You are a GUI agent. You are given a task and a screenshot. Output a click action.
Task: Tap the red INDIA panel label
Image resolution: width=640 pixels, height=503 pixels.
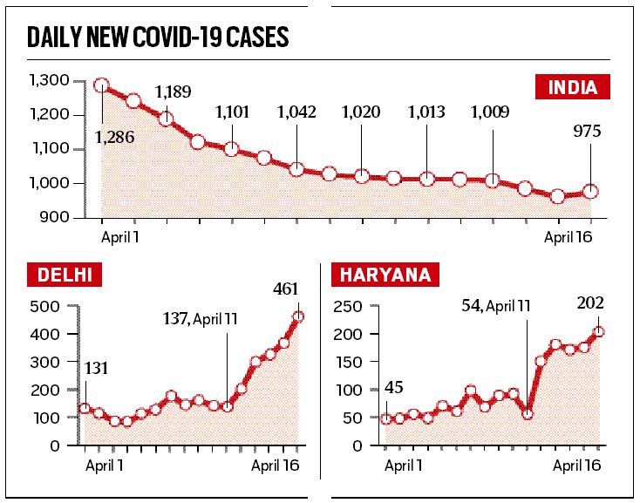571,87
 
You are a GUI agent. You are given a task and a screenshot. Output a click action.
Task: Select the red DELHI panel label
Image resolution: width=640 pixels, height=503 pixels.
65,276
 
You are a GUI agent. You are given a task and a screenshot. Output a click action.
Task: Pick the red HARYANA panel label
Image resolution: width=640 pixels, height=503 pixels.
385,276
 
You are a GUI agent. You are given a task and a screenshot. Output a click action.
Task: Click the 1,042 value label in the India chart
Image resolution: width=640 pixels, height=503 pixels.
296,112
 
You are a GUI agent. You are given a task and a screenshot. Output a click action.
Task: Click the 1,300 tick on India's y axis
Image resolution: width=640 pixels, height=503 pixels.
48,81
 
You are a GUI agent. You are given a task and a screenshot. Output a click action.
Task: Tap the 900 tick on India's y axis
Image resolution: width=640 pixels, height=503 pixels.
54,217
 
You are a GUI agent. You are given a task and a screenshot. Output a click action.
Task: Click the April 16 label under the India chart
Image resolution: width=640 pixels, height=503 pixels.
569,236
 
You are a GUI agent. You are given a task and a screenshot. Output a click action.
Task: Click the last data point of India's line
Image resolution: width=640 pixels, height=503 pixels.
590,191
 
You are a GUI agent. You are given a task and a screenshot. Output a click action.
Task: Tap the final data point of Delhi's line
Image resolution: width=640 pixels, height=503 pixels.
298,316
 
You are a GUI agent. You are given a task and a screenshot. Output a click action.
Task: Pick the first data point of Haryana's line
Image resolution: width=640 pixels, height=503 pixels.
387,418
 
